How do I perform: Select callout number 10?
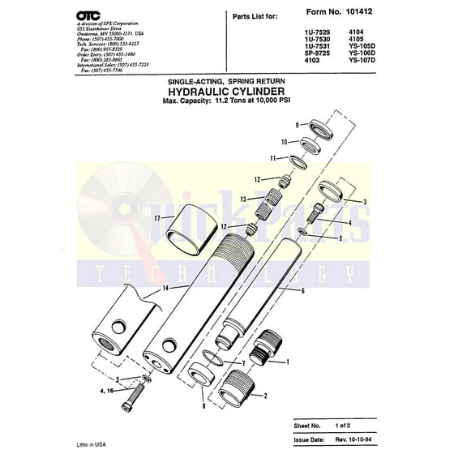(284, 142)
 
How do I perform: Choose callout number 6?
(302, 289)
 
